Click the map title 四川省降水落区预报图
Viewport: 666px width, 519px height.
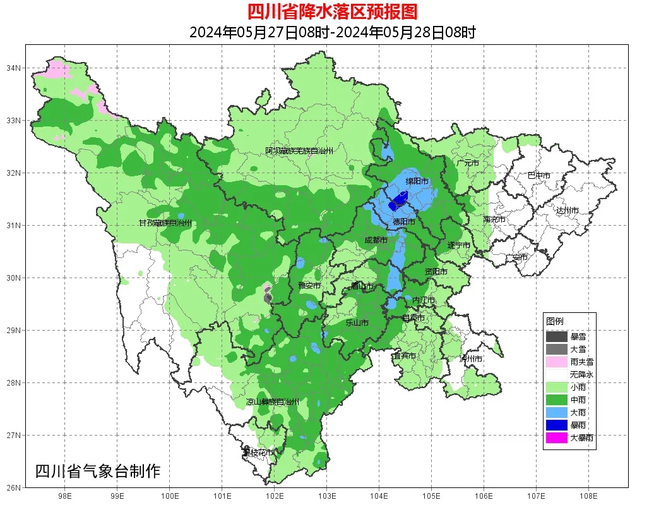click(332, 11)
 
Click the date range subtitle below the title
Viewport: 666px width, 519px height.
click(332, 32)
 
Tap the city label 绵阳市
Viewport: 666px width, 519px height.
click(417, 181)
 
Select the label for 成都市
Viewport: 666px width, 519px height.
click(376, 240)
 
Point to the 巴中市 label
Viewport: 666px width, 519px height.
click(538, 176)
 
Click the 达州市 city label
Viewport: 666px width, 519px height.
click(567, 210)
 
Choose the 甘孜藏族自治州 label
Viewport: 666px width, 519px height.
click(165, 223)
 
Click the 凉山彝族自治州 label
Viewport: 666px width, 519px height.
click(272, 402)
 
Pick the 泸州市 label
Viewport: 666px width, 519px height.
click(471, 358)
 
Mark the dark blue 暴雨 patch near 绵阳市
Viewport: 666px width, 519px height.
click(398, 202)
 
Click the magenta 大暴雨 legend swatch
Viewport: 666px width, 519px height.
click(557, 437)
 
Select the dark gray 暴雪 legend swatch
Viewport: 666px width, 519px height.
click(557, 337)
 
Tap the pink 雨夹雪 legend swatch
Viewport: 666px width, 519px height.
click(557, 362)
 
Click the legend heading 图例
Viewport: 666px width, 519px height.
click(555, 321)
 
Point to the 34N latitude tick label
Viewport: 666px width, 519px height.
click(14, 68)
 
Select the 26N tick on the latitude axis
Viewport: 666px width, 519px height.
click(14, 487)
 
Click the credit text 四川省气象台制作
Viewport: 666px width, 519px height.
click(98, 471)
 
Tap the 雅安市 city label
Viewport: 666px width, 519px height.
click(309, 286)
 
